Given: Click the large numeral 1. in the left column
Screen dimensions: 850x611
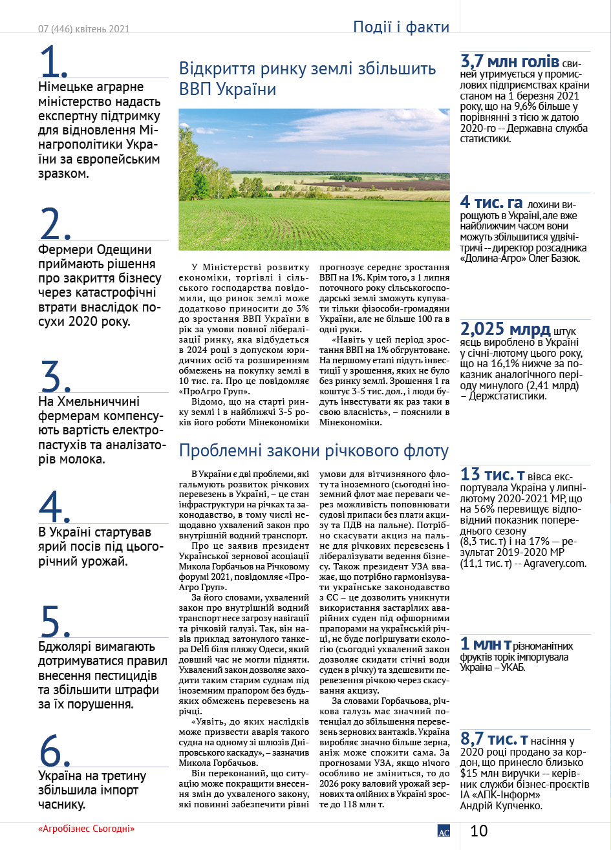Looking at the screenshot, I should pyautogui.click(x=54, y=63).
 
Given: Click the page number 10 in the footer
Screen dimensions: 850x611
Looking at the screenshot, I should pyautogui.click(x=479, y=831).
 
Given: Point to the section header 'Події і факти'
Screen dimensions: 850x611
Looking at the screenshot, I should pyautogui.click(x=401, y=27).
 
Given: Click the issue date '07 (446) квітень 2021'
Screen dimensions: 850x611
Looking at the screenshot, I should pyautogui.click(x=84, y=29).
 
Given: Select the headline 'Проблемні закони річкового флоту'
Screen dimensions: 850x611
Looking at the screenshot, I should pyautogui.click(x=314, y=451).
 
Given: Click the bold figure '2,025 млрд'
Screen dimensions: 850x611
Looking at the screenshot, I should pyautogui.click(x=505, y=329).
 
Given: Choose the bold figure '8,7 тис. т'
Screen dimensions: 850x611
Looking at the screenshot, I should pyautogui.click(x=495, y=739).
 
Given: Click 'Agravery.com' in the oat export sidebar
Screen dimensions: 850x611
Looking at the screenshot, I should pyautogui.click(x=556, y=564).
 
